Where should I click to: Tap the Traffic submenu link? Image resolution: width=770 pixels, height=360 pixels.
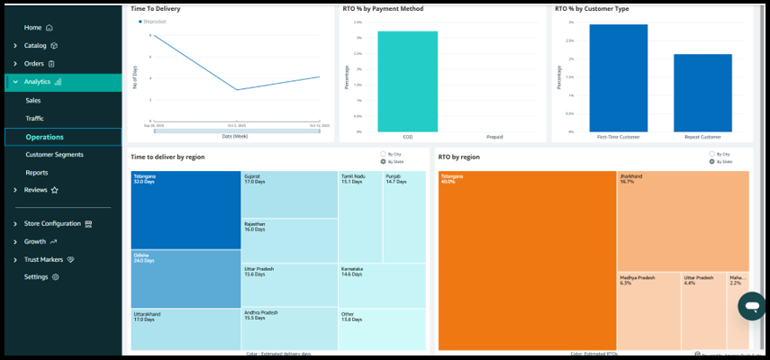(x=35, y=119)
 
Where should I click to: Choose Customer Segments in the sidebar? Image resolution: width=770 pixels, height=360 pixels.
(x=54, y=155)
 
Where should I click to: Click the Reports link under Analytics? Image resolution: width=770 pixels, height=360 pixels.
(x=37, y=173)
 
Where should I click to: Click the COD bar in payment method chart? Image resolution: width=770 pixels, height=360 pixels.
(x=408, y=81)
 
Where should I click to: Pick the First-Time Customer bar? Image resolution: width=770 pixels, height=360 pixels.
(x=618, y=78)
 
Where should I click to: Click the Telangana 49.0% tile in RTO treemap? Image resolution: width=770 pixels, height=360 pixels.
(x=526, y=261)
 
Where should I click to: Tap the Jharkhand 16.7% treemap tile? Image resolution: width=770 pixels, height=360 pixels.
(x=682, y=220)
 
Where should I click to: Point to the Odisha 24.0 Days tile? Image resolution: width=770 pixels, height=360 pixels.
(x=186, y=279)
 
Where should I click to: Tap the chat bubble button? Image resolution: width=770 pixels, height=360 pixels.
(x=749, y=306)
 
